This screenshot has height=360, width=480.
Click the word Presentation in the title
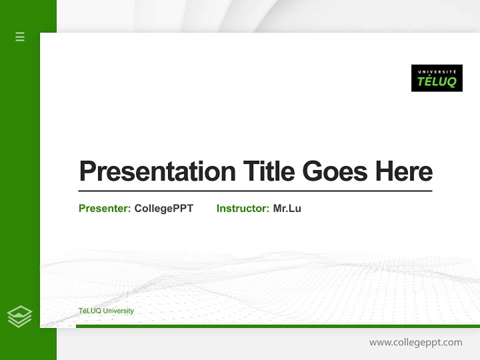click(x=157, y=171)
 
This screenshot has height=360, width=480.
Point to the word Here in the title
click(x=404, y=171)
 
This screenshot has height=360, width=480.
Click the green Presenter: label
click(x=105, y=208)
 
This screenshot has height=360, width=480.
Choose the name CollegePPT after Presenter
click(x=164, y=208)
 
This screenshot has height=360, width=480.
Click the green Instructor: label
click(x=243, y=208)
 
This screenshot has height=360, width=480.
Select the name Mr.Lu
click(x=287, y=208)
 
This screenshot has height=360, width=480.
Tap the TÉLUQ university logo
click(x=436, y=78)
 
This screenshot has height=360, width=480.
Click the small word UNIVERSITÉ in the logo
click(x=436, y=71)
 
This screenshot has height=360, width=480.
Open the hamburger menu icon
click(x=20, y=36)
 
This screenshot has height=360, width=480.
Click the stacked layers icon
click(x=19, y=316)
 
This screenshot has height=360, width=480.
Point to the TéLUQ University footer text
click(x=106, y=311)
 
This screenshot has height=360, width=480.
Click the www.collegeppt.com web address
click(x=415, y=342)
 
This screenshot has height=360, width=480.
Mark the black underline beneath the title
click(x=255, y=191)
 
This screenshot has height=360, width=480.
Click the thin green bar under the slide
click(x=277, y=326)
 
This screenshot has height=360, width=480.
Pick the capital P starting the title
click(x=87, y=171)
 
